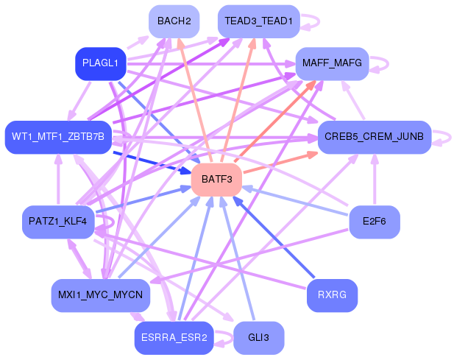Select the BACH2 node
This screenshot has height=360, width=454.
[x=174, y=21]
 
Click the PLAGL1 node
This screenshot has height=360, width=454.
[x=101, y=63]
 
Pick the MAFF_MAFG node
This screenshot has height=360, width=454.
[x=331, y=64]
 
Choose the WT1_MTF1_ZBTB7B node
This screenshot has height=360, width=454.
[x=58, y=137]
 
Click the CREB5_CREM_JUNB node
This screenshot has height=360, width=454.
[x=374, y=137]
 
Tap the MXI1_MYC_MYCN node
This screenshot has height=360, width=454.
[x=101, y=295]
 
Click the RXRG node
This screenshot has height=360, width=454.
[x=331, y=295]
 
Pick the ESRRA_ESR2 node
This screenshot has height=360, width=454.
[x=174, y=338]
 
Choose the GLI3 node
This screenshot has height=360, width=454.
[x=258, y=338]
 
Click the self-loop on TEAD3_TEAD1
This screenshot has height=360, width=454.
[x=312, y=22]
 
